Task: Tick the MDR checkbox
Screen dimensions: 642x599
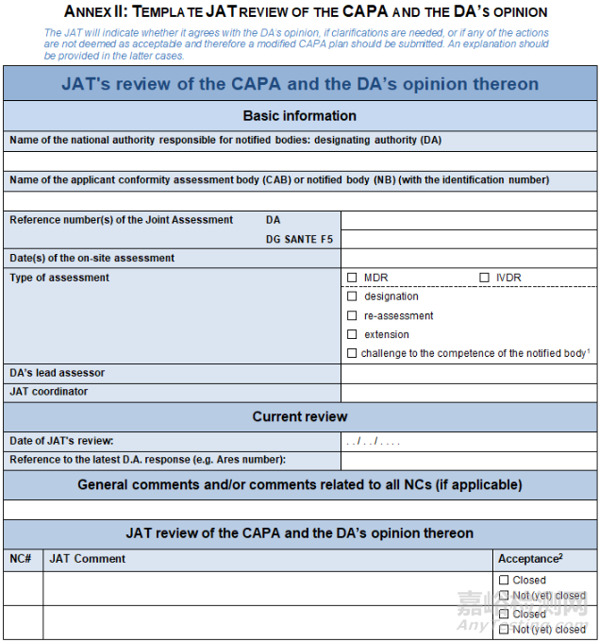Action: tap(352, 278)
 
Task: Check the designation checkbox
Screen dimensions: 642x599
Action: tap(352, 296)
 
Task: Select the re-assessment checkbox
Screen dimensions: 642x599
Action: tap(352, 315)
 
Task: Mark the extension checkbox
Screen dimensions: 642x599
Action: tap(352, 334)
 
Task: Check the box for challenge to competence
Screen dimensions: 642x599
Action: tap(352, 353)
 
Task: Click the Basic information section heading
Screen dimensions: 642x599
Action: tap(299, 116)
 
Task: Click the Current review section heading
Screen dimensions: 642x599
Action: tap(299, 416)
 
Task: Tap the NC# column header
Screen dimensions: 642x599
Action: tap(21, 559)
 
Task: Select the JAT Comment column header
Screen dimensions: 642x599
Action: tap(87, 559)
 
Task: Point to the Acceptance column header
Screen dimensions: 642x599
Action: tap(530, 559)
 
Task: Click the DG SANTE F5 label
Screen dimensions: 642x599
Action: tap(299, 239)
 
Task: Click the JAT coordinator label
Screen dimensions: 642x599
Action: tap(48, 392)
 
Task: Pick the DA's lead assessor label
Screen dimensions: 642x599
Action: tap(57, 373)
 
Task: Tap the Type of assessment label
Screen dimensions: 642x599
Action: tap(59, 278)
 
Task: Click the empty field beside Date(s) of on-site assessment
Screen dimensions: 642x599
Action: tap(468, 258)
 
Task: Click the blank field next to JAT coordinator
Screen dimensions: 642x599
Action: tap(468, 392)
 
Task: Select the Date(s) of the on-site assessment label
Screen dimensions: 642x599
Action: tap(92, 258)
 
